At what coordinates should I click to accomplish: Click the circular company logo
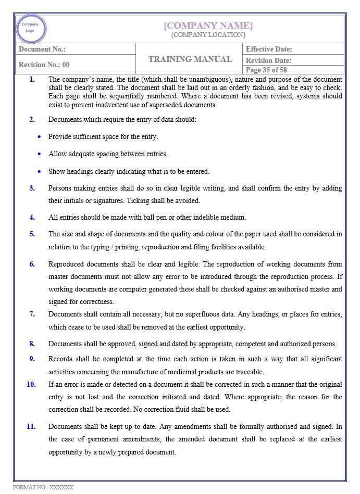tap(31, 28)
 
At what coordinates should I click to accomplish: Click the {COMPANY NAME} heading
tap(208, 26)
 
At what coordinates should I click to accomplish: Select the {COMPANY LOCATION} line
tap(208, 35)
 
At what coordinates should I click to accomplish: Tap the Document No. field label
tap(42, 49)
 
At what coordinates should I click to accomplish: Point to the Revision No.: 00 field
tap(44, 65)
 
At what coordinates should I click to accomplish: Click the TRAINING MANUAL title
tap(190, 59)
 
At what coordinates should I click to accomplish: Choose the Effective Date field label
tap(269, 49)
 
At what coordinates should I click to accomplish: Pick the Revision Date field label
tap(268, 61)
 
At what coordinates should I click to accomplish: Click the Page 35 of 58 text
tap(266, 70)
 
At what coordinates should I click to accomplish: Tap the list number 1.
tap(32, 80)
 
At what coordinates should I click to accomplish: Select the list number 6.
tap(32, 264)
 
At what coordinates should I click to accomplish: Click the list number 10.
tap(31, 384)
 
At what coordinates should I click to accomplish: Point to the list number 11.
tap(31, 426)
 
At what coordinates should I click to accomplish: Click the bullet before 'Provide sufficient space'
tap(40, 137)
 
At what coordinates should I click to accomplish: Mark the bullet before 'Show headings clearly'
tap(40, 171)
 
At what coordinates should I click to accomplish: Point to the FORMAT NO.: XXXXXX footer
tap(43, 488)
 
